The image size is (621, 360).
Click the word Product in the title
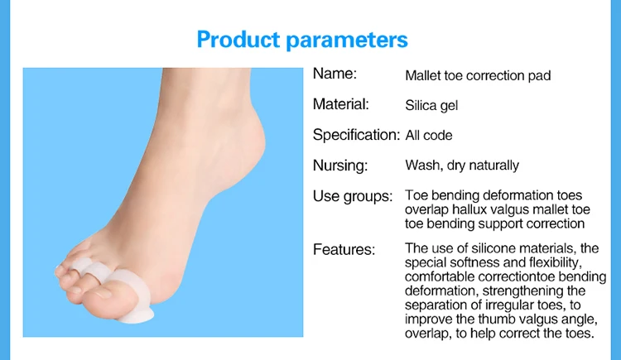238,39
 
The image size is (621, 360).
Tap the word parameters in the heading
347,41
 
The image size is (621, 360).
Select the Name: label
335,74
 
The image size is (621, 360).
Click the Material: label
340,104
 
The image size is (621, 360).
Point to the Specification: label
356,135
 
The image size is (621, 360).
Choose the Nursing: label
340,166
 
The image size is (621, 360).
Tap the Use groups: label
353,196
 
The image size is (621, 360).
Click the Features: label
344,249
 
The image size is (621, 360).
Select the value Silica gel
431,106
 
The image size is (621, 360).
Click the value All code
429,136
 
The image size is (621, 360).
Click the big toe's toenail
102,293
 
